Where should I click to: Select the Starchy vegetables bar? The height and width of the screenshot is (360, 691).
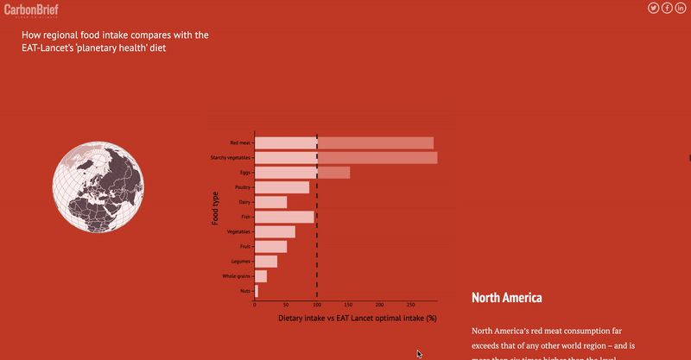[345, 158]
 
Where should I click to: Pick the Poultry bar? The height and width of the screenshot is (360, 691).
[282, 187]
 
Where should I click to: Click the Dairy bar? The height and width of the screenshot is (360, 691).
[270, 202]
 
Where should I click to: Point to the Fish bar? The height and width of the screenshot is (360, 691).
[284, 217]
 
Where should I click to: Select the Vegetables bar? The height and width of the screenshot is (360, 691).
[275, 231]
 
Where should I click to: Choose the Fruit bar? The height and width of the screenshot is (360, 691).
[270, 247]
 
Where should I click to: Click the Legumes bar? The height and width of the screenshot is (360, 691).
[266, 262]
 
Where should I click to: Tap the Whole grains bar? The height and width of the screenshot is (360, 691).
[261, 276]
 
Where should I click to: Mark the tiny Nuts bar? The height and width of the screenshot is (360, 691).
[257, 291]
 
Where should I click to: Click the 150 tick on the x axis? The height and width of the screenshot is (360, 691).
[348, 305]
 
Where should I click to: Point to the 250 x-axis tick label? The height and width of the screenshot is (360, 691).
[410, 305]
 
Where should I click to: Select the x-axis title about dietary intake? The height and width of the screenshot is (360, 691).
[358, 319]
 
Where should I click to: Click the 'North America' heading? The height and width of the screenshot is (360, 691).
[506, 298]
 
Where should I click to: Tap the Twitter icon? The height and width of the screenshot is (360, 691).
[654, 8]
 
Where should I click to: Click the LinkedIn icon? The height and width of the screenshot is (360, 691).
[681, 8]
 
